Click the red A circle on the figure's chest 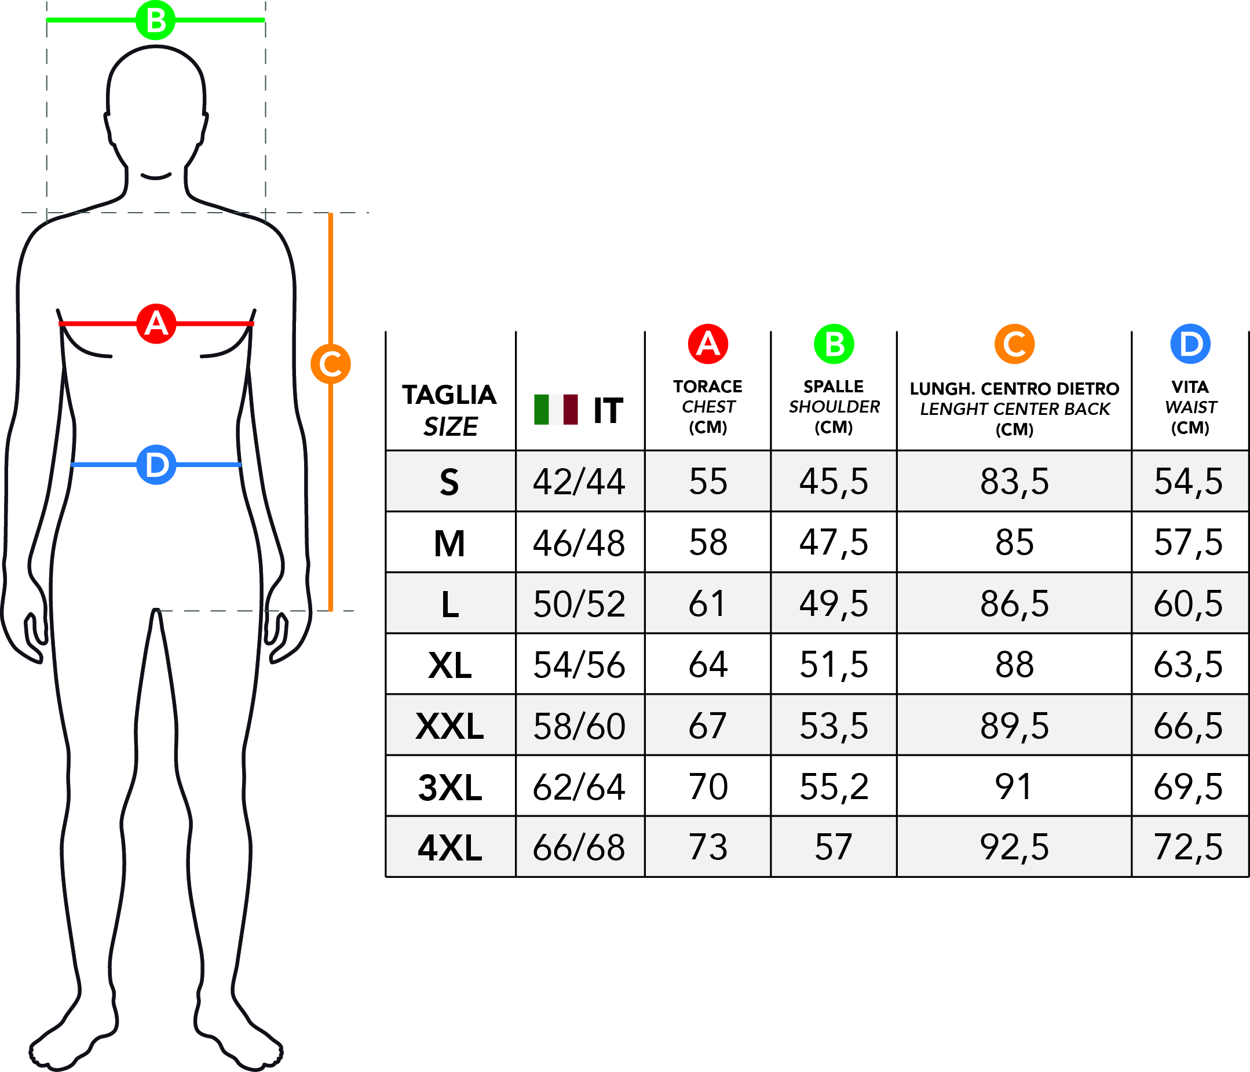(156, 323)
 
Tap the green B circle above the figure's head (156, 20)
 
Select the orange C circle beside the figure (331, 364)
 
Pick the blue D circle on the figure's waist (156, 465)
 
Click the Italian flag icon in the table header (555, 410)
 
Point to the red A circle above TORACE (708, 344)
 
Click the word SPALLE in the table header (834, 386)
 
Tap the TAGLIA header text (449, 395)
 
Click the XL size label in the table (449, 665)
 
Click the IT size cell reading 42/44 (579, 482)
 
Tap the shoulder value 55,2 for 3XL (834, 787)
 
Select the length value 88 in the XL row (1014, 665)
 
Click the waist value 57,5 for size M (1188, 542)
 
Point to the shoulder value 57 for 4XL (833, 847)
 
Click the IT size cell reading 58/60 (579, 726)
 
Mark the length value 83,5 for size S (1014, 482)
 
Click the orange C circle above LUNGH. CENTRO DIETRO (1014, 344)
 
